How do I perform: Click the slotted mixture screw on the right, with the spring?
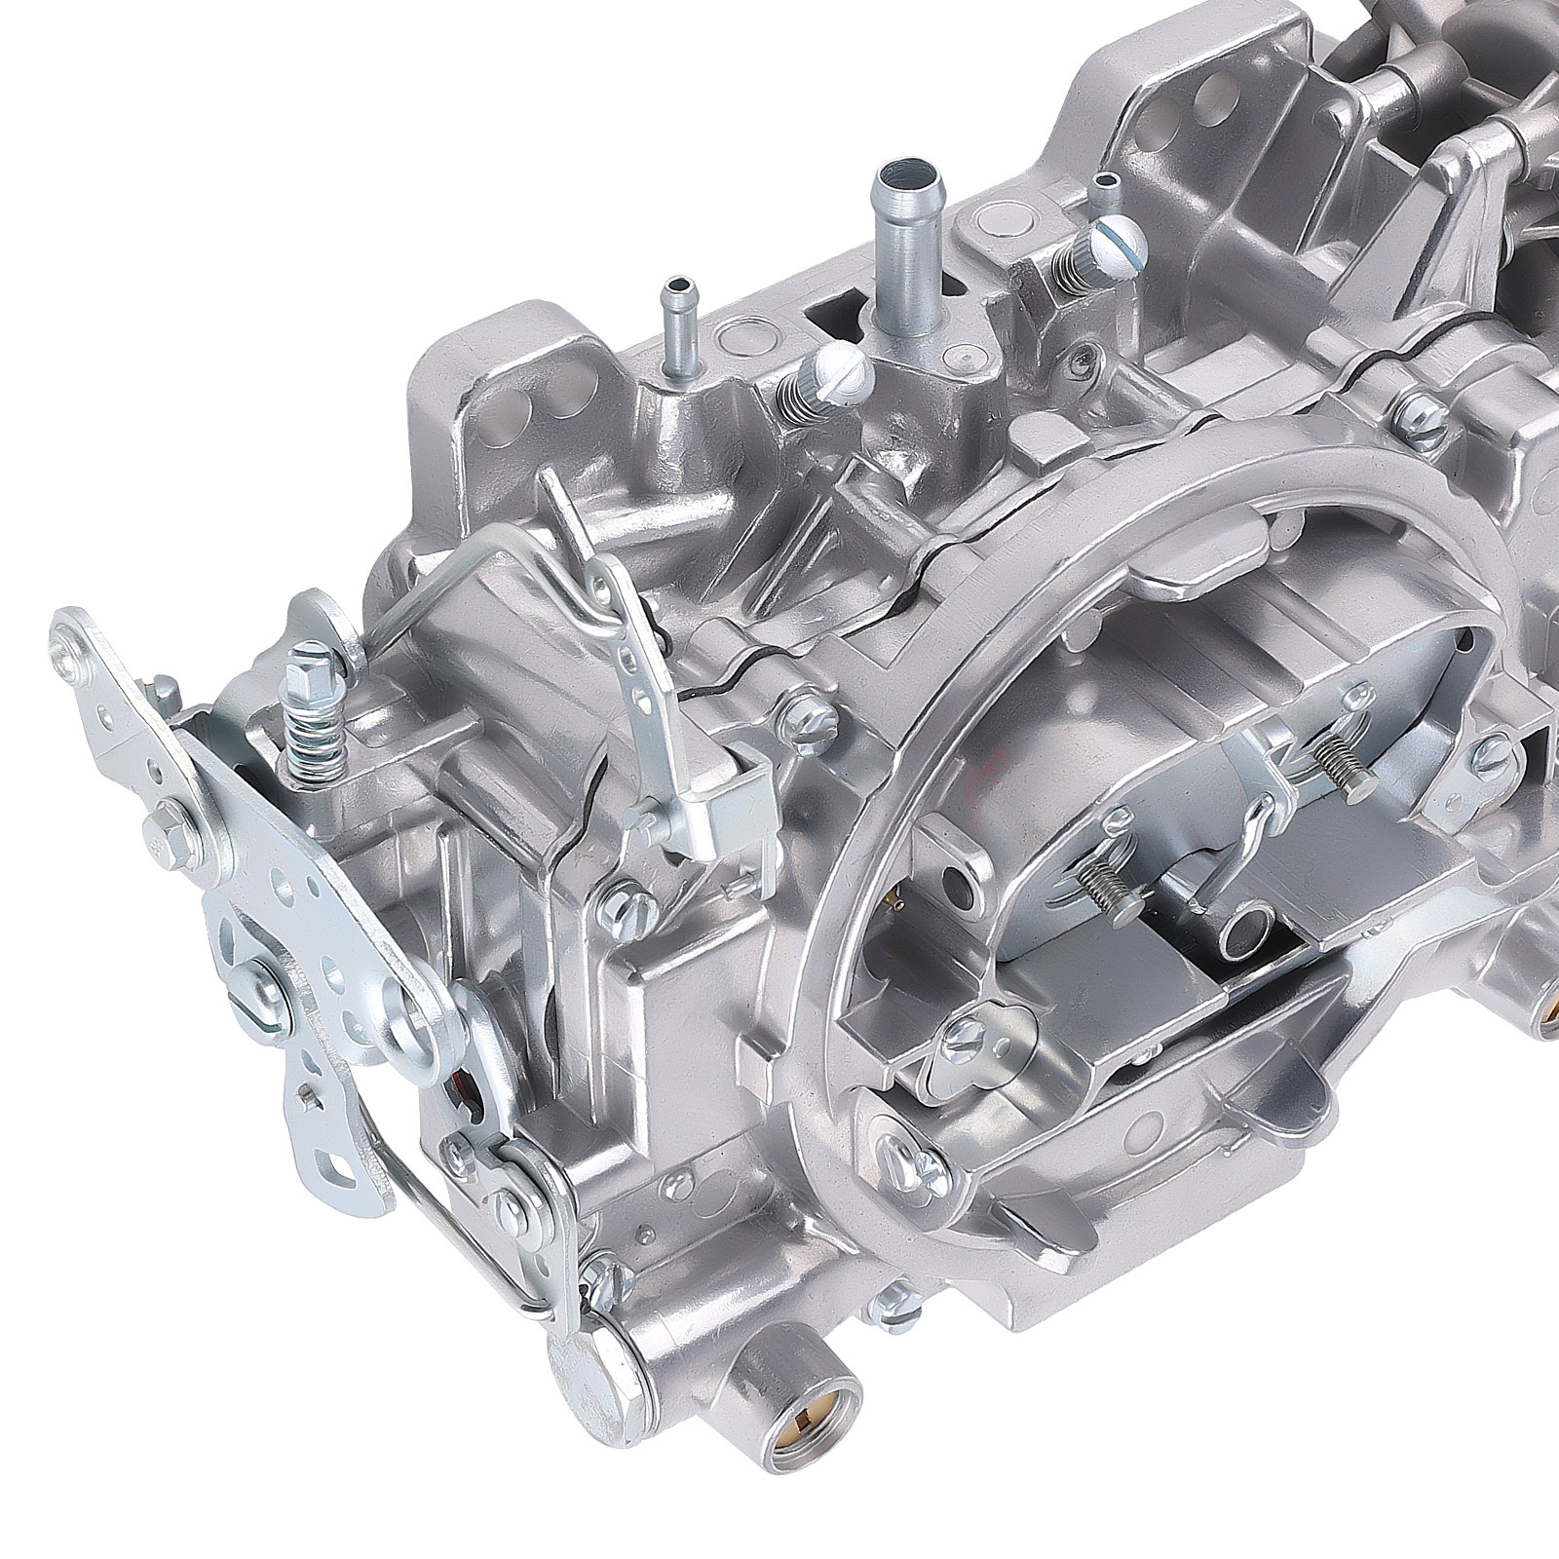[x=1115, y=239]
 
